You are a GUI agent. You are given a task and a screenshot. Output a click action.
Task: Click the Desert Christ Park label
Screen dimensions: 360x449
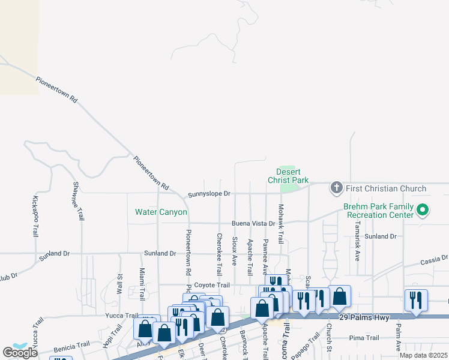[291, 176]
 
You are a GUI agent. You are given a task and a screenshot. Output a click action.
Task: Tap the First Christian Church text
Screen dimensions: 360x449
[385, 188]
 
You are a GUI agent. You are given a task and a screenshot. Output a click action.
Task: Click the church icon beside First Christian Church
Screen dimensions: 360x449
[336, 188]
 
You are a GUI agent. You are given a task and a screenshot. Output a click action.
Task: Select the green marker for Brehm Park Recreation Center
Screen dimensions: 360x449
[422, 210]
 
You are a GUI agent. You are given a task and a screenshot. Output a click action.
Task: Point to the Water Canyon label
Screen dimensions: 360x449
[161, 212]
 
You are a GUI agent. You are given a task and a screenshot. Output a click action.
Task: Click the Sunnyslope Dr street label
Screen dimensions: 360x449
[209, 194]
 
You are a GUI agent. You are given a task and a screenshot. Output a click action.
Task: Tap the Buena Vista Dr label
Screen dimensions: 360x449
[253, 223]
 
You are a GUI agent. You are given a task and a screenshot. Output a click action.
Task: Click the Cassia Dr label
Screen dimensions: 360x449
[435, 259]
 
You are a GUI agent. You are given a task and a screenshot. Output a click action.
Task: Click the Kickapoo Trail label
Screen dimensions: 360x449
[35, 216]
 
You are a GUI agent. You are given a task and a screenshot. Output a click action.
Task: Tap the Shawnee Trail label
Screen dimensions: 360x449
[77, 200]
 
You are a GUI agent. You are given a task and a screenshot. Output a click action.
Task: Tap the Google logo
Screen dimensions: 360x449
[20, 352]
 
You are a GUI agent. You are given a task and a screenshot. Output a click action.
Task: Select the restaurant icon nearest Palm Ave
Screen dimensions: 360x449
[416, 300]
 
